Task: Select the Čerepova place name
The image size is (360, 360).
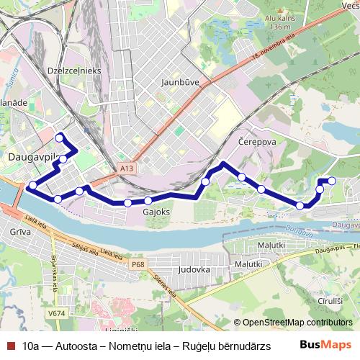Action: (x=257, y=142)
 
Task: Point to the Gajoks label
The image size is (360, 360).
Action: (x=156, y=213)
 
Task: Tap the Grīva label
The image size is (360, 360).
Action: (x=22, y=232)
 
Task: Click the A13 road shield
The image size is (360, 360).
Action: (x=127, y=168)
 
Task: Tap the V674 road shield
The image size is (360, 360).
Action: (x=55, y=313)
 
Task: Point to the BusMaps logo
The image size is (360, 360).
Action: (x=325, y=345)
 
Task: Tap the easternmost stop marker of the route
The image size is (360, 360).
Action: (x=332, y=181)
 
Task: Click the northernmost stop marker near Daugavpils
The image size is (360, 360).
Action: (x=60, y=137)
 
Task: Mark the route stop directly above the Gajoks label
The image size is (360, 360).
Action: (x=148, y=201)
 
